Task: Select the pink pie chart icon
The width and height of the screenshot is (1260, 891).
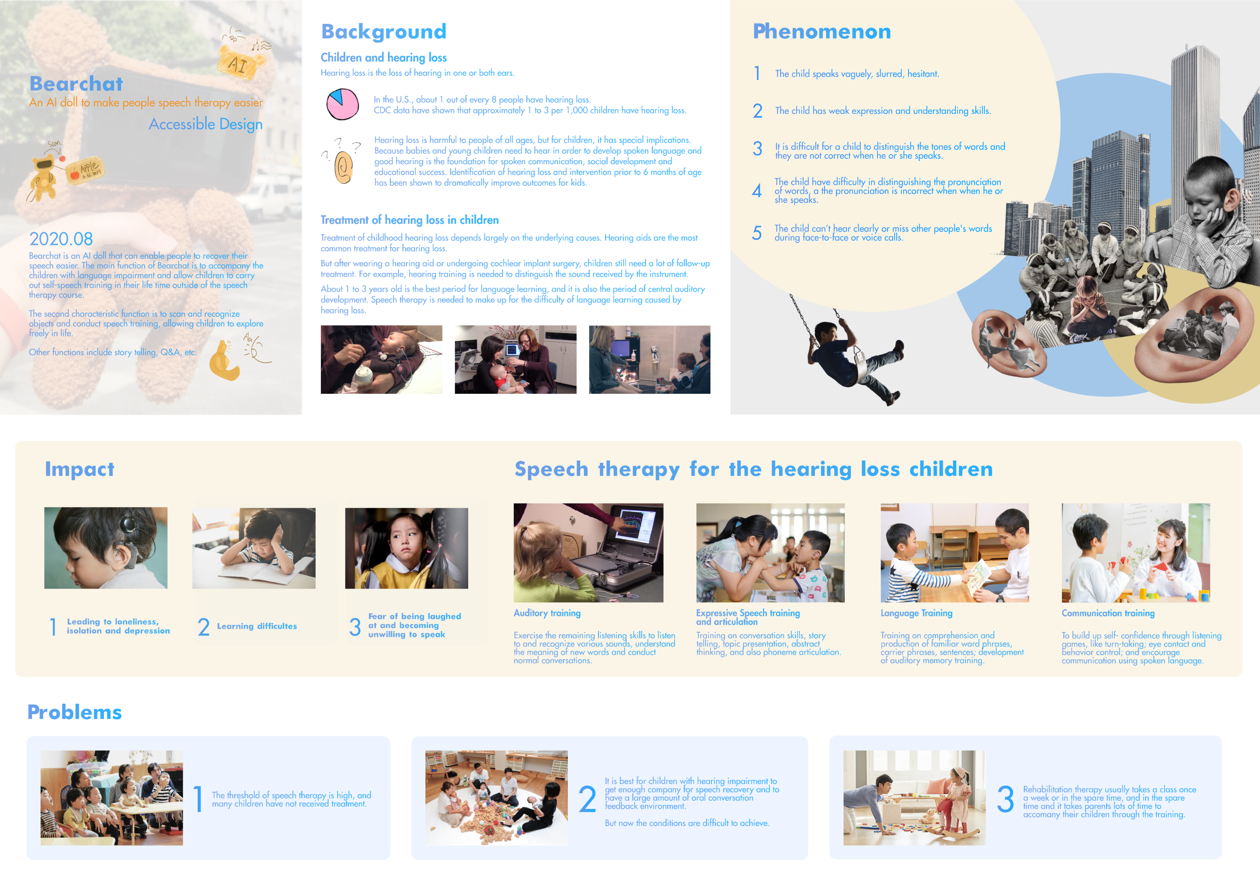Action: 342,104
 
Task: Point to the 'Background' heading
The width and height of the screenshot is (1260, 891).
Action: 384,32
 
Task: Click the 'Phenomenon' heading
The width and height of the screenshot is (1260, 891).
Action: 822,31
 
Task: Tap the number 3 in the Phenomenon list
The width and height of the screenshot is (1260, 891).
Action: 757,149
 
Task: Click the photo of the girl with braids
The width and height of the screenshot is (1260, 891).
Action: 406,548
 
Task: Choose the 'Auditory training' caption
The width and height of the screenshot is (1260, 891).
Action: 547,613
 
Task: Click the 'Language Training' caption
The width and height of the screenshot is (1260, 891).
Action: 916,613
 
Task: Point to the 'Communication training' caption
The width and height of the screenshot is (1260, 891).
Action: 1108,613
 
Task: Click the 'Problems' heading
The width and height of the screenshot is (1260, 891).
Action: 75,712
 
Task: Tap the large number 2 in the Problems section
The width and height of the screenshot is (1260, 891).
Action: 587,799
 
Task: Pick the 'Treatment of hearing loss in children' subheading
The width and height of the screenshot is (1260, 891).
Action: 410,220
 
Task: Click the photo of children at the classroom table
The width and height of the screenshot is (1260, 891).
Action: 111,798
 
